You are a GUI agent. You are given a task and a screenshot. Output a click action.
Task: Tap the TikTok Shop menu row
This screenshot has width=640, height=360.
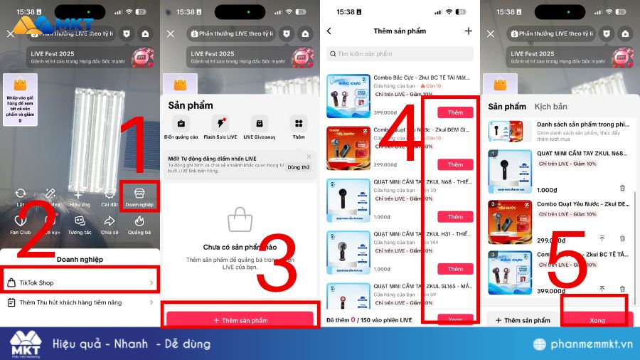pyautogui.click(x=80, y=282)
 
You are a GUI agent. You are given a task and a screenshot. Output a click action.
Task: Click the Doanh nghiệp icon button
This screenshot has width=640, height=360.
pyautogui.click(x=139, y=196)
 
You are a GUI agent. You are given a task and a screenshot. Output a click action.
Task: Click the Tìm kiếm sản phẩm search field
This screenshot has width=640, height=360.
pyautogui.click(x=400, y=54)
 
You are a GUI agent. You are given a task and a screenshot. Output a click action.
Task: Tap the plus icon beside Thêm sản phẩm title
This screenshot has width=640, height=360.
pyautogui.click(x=468, y=31)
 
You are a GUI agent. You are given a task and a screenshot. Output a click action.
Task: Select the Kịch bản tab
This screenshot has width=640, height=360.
pyautogui.click(x=550, y=107)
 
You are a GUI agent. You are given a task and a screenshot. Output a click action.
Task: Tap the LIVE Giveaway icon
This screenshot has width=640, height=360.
pyautogui.click(x=259, y=126)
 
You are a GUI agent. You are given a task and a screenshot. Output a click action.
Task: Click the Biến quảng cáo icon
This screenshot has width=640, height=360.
pyautogui.click(x=181, y=126)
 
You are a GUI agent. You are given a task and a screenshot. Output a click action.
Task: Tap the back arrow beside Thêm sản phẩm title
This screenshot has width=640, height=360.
pyautogui.click(x=329, y=31)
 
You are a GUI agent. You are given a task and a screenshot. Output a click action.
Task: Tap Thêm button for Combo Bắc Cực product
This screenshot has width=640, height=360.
pyautogui.click(x=455, y=112)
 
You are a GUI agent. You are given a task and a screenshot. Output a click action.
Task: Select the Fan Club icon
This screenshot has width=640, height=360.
pyautogui.click(x=20, y=225)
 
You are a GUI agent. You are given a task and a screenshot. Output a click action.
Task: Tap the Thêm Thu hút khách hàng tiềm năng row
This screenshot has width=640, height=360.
pyautogui.click(x=80, y=302)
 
